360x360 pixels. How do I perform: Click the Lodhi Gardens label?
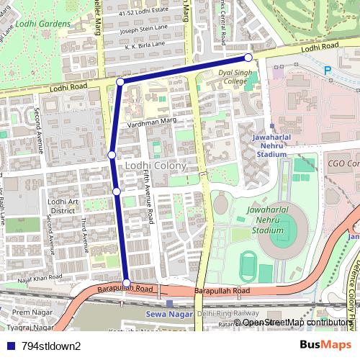pos(42,24)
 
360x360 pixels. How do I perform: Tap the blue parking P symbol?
pos(328,71)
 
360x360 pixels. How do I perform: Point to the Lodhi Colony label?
pos(156,166)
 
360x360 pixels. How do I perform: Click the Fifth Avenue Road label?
pos(147,198)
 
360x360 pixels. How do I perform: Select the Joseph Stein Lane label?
pos(144,31)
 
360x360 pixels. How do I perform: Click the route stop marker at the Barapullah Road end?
pos(127,283)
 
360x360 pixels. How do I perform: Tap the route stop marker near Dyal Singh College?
pos(248,58)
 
